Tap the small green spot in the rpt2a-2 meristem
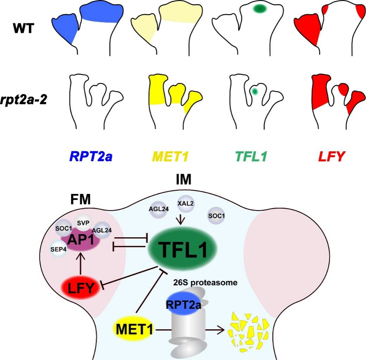point(255,92)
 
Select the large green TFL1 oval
point(181,249)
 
